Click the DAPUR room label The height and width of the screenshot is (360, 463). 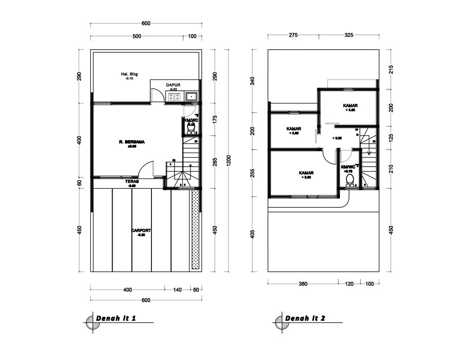(174, 84)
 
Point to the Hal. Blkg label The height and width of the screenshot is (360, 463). (129, 74)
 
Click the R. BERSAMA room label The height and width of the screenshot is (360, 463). (132, 142)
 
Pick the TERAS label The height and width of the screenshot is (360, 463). (132, 181)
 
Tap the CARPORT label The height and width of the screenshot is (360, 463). (141, 230)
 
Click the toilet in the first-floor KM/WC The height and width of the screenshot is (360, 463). (191, 128)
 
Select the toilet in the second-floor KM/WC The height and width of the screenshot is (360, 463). (350, 180)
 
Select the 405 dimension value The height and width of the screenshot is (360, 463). (253, 234)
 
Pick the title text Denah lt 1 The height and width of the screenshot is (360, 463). (116, 318)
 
